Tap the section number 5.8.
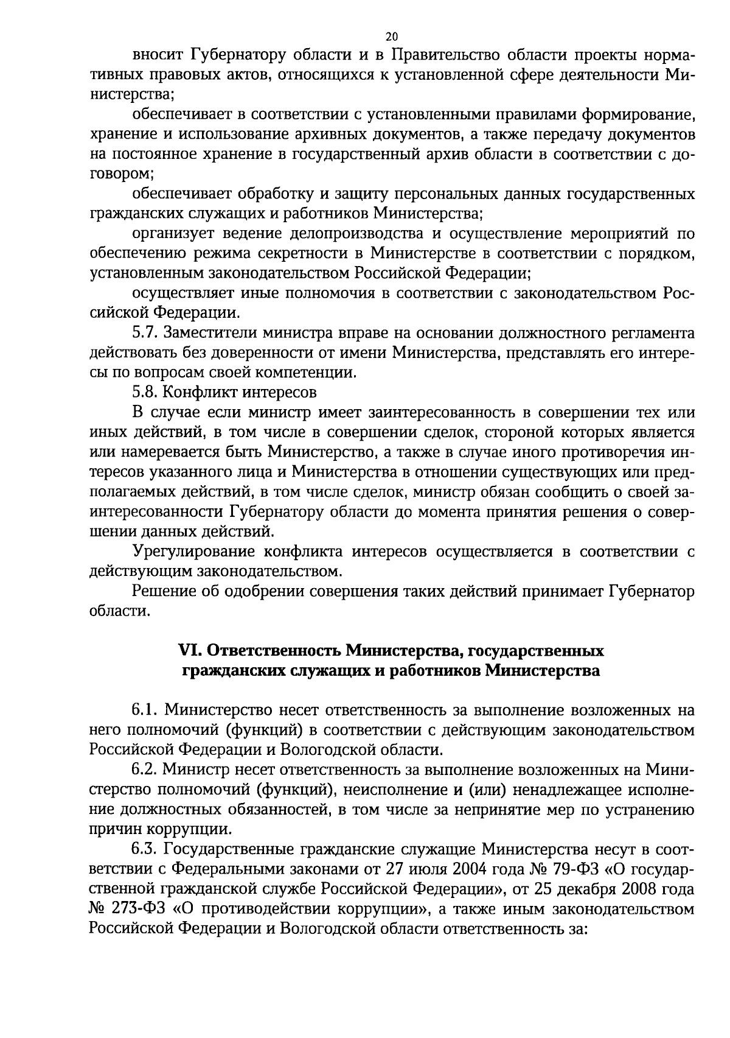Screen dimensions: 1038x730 click(146, 392)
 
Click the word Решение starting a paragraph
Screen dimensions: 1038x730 click(160, 591)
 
